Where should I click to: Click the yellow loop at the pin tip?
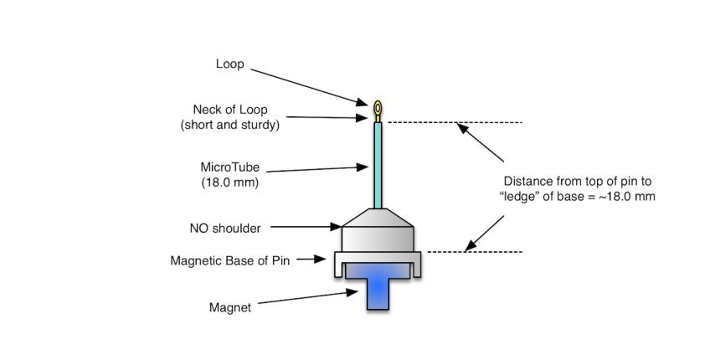(x=378, y=108)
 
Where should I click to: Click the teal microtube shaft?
(x=378, y=164)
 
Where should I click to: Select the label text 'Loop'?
(x=229, y=64)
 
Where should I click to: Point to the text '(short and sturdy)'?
(x=229, y=125)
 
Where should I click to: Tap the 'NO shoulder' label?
(x=225, y=227)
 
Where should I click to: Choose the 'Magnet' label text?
(x=229, y=307)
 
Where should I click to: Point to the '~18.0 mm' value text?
(x=626, y=196)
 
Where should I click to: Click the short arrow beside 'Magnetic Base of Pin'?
(x=311, y=260)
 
